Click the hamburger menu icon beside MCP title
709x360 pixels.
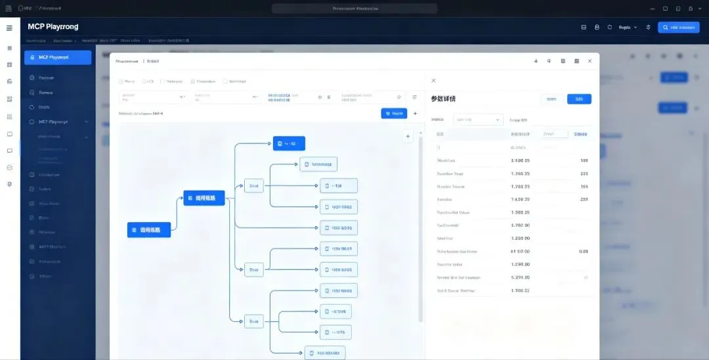tap(9, 28)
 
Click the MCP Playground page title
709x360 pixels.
tap(53, 27)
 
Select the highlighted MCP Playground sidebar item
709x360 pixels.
tap(58, 57)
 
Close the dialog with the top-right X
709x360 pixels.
tap(590, 61)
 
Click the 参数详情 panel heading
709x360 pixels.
tap(443, 99)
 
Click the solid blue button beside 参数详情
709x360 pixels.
tap(579, 99)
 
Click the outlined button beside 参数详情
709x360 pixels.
tap(551, 99)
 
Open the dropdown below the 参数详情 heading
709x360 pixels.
tap(478, 120)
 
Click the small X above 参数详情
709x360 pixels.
tap(433, 80)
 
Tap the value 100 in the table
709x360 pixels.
tap(584, 160)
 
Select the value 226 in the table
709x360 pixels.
tap(584, 173)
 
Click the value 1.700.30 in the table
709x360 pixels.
tap(520, 225)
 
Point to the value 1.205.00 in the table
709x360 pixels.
tap(520, 238)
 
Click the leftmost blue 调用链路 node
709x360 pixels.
tap(149, 230)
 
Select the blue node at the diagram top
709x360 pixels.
tap(289, 143)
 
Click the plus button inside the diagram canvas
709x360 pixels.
tap(408, 137)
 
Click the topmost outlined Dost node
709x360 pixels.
tap(253, 186)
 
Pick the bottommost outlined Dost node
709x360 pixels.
tap(253, 322)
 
